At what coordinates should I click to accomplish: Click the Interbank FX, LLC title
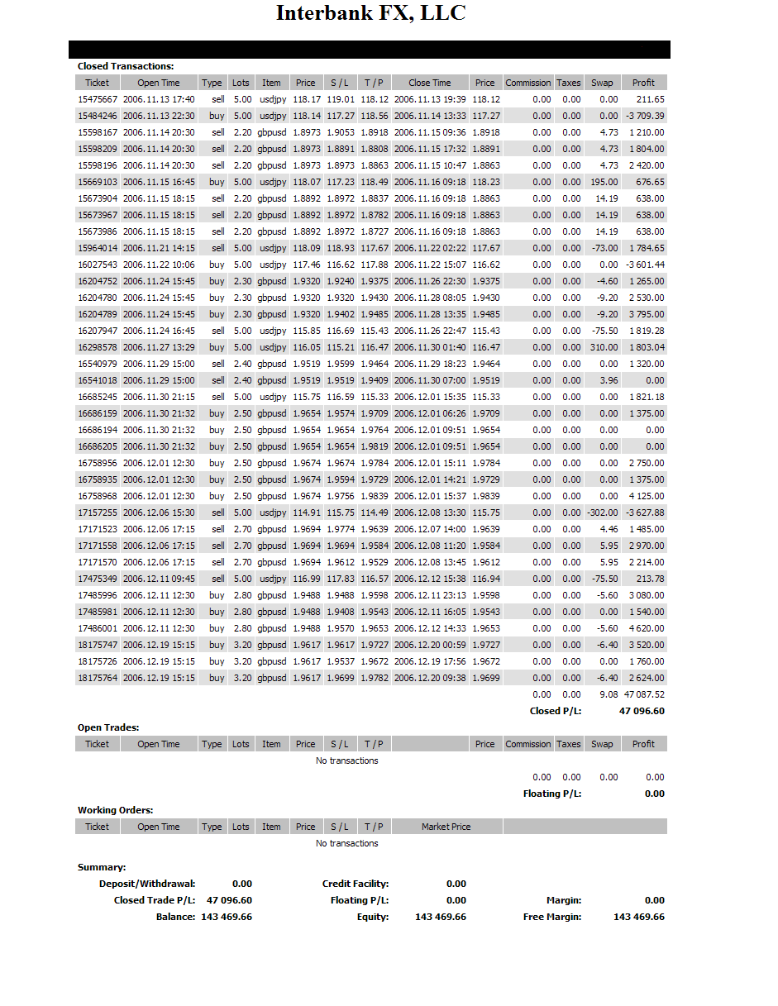coord(370,13)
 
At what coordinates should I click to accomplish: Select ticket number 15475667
coord(98,99)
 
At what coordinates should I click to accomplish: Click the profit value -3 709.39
coord(645,116)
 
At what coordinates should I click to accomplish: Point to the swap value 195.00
coord(604,182)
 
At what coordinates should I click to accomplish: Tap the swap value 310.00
coord(604,347)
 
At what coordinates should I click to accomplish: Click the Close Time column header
coord(430,83)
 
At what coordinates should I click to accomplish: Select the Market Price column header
coord(446,827)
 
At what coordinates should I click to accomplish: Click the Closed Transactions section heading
coord(126,66)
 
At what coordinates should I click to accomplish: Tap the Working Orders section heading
coord(116,810)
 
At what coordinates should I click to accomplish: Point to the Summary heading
coord(102,867)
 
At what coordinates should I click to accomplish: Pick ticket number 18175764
coord(98,678)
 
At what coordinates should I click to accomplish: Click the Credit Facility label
coord(356,884)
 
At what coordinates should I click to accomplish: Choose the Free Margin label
coord(552,917)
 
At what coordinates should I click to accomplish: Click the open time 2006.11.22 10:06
coord(159,265)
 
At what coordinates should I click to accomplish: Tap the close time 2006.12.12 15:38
coord(430,579)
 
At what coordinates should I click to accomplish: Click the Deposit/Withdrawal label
coord(147,884)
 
